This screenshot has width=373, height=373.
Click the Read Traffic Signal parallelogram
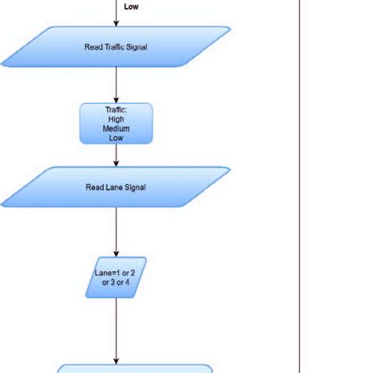tap(116, 46)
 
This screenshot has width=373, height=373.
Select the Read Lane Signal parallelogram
tap(116, 186)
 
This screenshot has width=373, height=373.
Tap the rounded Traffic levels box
tap(116, 124)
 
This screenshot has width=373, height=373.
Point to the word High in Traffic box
tap(116, 120)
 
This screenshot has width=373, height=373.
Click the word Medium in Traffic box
tap(116, 128)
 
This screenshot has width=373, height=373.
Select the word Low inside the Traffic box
tap(116, 137)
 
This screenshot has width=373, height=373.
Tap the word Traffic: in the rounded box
tap(116, 111)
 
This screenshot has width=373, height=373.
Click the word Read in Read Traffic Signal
tap(94, 47)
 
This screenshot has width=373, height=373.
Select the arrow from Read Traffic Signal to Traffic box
tap(116, 85)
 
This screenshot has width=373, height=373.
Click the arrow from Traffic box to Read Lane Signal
tap(116, 155)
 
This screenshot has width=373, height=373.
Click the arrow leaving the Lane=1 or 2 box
tap(116, 331)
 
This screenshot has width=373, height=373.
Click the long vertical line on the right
tap(301, 186)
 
